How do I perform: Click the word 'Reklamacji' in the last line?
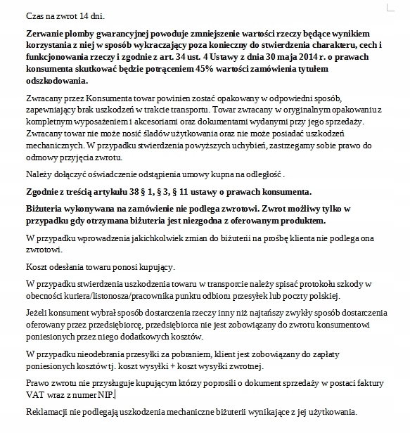tap(47, 411)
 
